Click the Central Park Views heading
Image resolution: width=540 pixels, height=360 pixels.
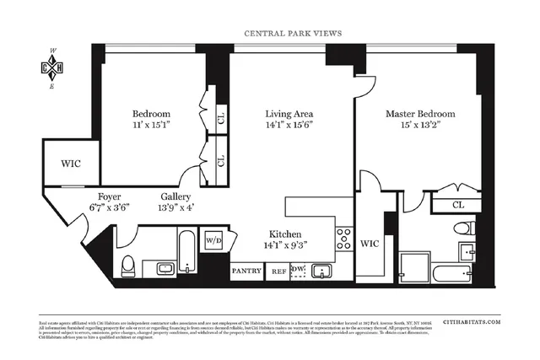[293, 35]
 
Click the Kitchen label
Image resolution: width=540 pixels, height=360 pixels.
[286, 234]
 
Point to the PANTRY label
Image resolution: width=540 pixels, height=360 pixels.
[246, 271]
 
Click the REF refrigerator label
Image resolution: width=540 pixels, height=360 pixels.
[278, 271]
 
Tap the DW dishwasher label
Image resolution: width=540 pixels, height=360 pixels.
[296, 269]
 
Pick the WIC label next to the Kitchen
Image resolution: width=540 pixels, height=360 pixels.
[370, 243]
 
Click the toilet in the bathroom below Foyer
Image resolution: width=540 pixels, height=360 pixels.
[127, 266]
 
